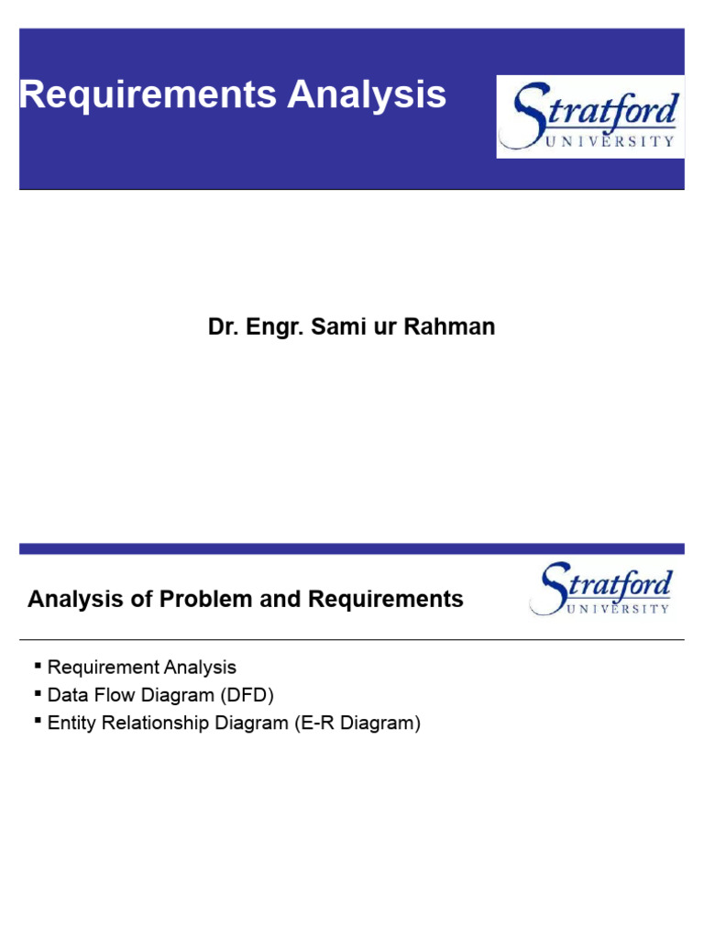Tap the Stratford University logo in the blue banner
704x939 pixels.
[589, 116]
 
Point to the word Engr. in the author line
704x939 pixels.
[274, 326]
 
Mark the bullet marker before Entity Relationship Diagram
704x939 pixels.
[38, 722]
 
